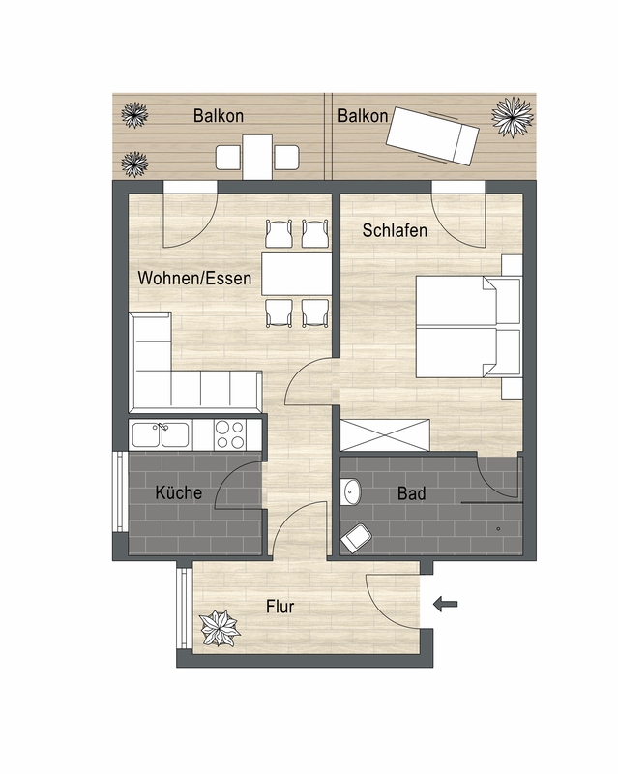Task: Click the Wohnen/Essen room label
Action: tap(194, 278)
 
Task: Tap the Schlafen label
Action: tap(395, 230)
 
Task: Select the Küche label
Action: tap(179, 492)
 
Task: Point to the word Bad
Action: tap(412, 493)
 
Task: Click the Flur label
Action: tap(280, 607)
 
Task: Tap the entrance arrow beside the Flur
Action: tap(445, 604)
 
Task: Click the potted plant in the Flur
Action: tap(220, 628)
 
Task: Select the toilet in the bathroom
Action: tap(356, 538)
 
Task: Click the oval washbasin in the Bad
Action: tap(351, 491)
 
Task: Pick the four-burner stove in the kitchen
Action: tap(229, 434)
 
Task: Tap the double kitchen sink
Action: tap(160, 434)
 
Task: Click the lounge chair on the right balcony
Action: tap(432, 135)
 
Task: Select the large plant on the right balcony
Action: tap(513, 117)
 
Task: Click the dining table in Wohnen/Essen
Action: tap(297, 274)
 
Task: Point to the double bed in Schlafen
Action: tap(468, 327)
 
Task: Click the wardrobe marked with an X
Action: tap(385, 434)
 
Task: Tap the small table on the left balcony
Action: tap(257, 157)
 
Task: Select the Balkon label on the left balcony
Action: tap(219, 116)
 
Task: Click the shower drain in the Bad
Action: tap(498, 528)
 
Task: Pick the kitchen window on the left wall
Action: tap(119, 491)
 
